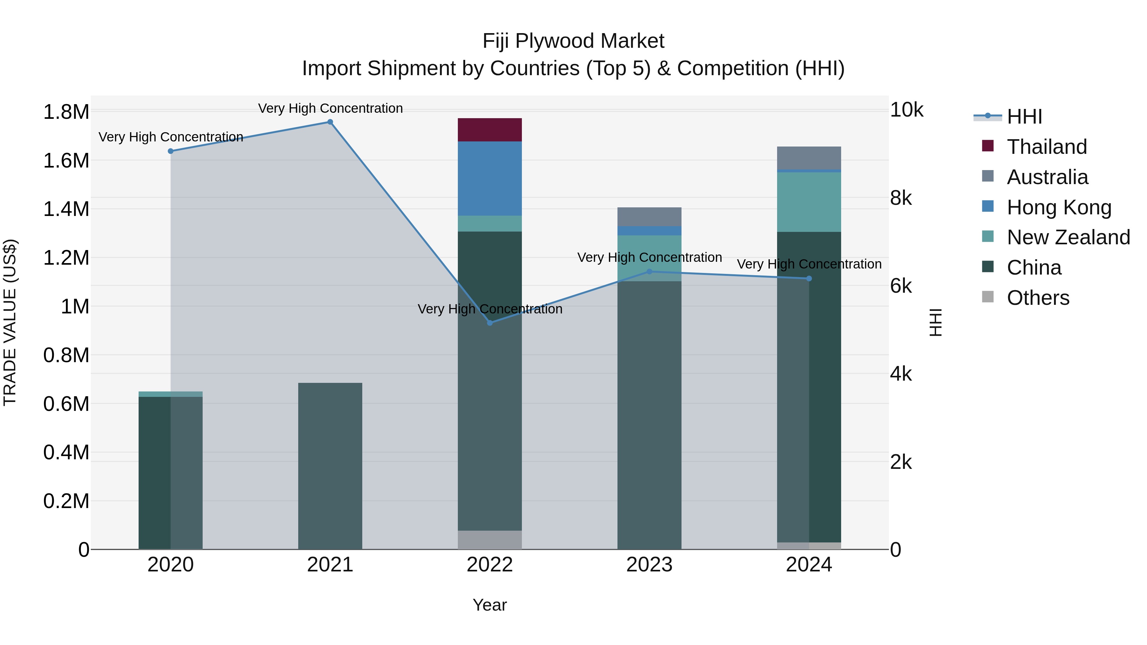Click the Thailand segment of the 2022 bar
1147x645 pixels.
pos(489,130)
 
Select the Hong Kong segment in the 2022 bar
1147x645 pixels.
pos(489,178)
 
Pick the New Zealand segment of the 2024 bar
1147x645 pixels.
pos(809,202)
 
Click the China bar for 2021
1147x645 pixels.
pos(330,465)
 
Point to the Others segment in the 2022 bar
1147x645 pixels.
pos(489,540)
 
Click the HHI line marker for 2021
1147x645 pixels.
pos(330,122)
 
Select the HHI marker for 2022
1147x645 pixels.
pos(489,323)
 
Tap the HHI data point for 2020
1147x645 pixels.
pos(170,151)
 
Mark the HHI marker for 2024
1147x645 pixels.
pos(809,279)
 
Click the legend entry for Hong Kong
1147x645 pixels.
pos(1059,207)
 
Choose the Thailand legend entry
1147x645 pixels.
pos(1046,147)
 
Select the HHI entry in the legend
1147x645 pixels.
pos(1024,117)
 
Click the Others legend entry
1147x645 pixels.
pos(1037,298)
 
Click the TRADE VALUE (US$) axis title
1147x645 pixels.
pos(10,322)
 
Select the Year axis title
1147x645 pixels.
pos(489,605)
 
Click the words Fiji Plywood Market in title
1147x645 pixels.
pos(573,41)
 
